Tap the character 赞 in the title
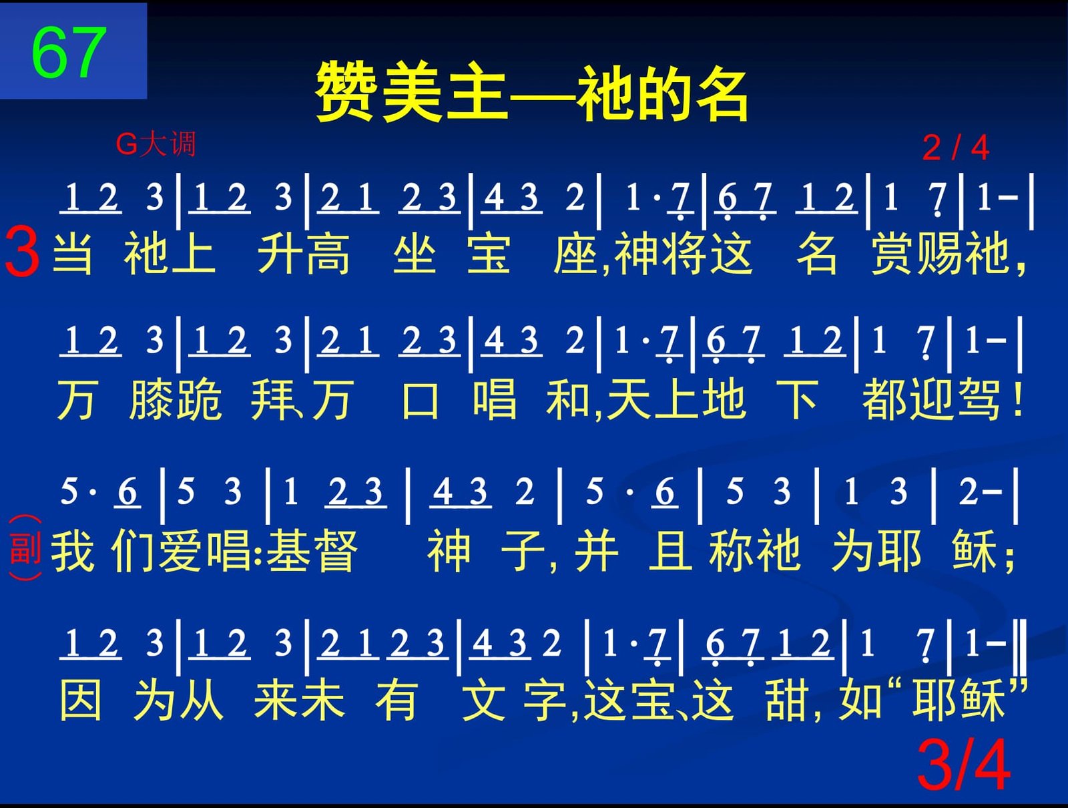click(346, 92)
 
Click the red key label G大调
click(156, 144)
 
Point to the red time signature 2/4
click(955, 148)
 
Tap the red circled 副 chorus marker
click(25, 548)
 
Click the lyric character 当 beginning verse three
click(72, 253)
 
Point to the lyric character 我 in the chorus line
click(73, 550)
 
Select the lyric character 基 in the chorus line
click(288, 550)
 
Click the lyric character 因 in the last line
click(81, 700)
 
